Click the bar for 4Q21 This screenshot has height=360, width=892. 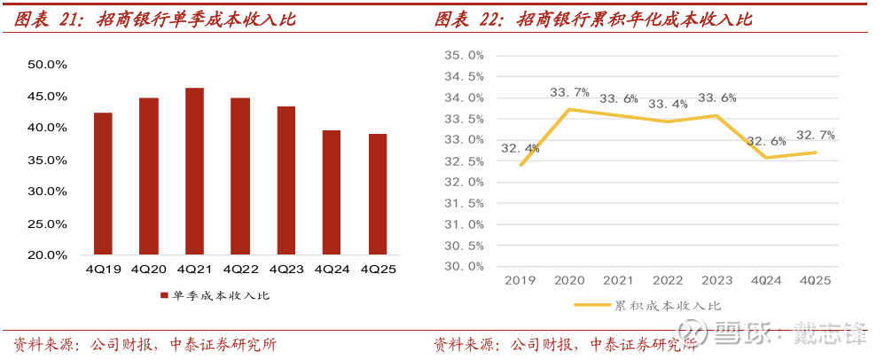click(194, 171)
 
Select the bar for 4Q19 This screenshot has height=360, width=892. click(103, 184)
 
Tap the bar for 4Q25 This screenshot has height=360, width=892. click(377, 194)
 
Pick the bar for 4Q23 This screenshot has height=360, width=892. click(286, 181)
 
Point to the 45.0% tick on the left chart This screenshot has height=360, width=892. click(48, 96)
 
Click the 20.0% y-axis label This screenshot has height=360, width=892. click(48, 255)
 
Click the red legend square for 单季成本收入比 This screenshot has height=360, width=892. click(164, 295)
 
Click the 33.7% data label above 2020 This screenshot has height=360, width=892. click(569, 92)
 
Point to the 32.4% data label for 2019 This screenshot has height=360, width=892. click(520, 148)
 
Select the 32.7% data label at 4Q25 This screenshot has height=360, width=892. click(815, 135)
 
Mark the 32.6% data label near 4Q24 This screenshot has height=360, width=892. click(766, 141)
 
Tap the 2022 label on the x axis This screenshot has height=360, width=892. click(668, 281)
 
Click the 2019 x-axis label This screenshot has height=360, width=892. click(520, 281)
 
